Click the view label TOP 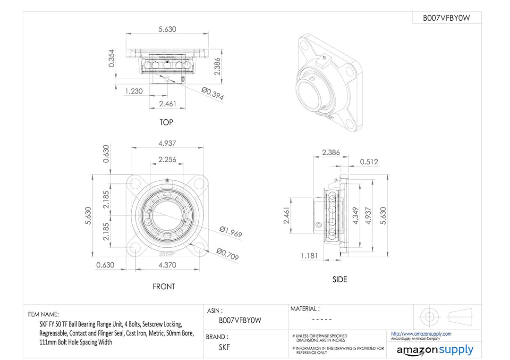[x=166, y=123]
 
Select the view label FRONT [x=163, y=286]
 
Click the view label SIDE [x=340, y=279]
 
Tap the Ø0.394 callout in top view [x=212, y=93]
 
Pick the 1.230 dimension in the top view [x=134, y=91]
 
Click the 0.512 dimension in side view [x=369, y=161]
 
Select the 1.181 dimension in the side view [x=310, y=256]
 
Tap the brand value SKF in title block [x=224, y=347]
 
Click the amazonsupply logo [x=434, y=350]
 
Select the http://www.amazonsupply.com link [x=421, y=334]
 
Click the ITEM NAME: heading [x=43, y=314]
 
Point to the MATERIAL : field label [x=305, y=309]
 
